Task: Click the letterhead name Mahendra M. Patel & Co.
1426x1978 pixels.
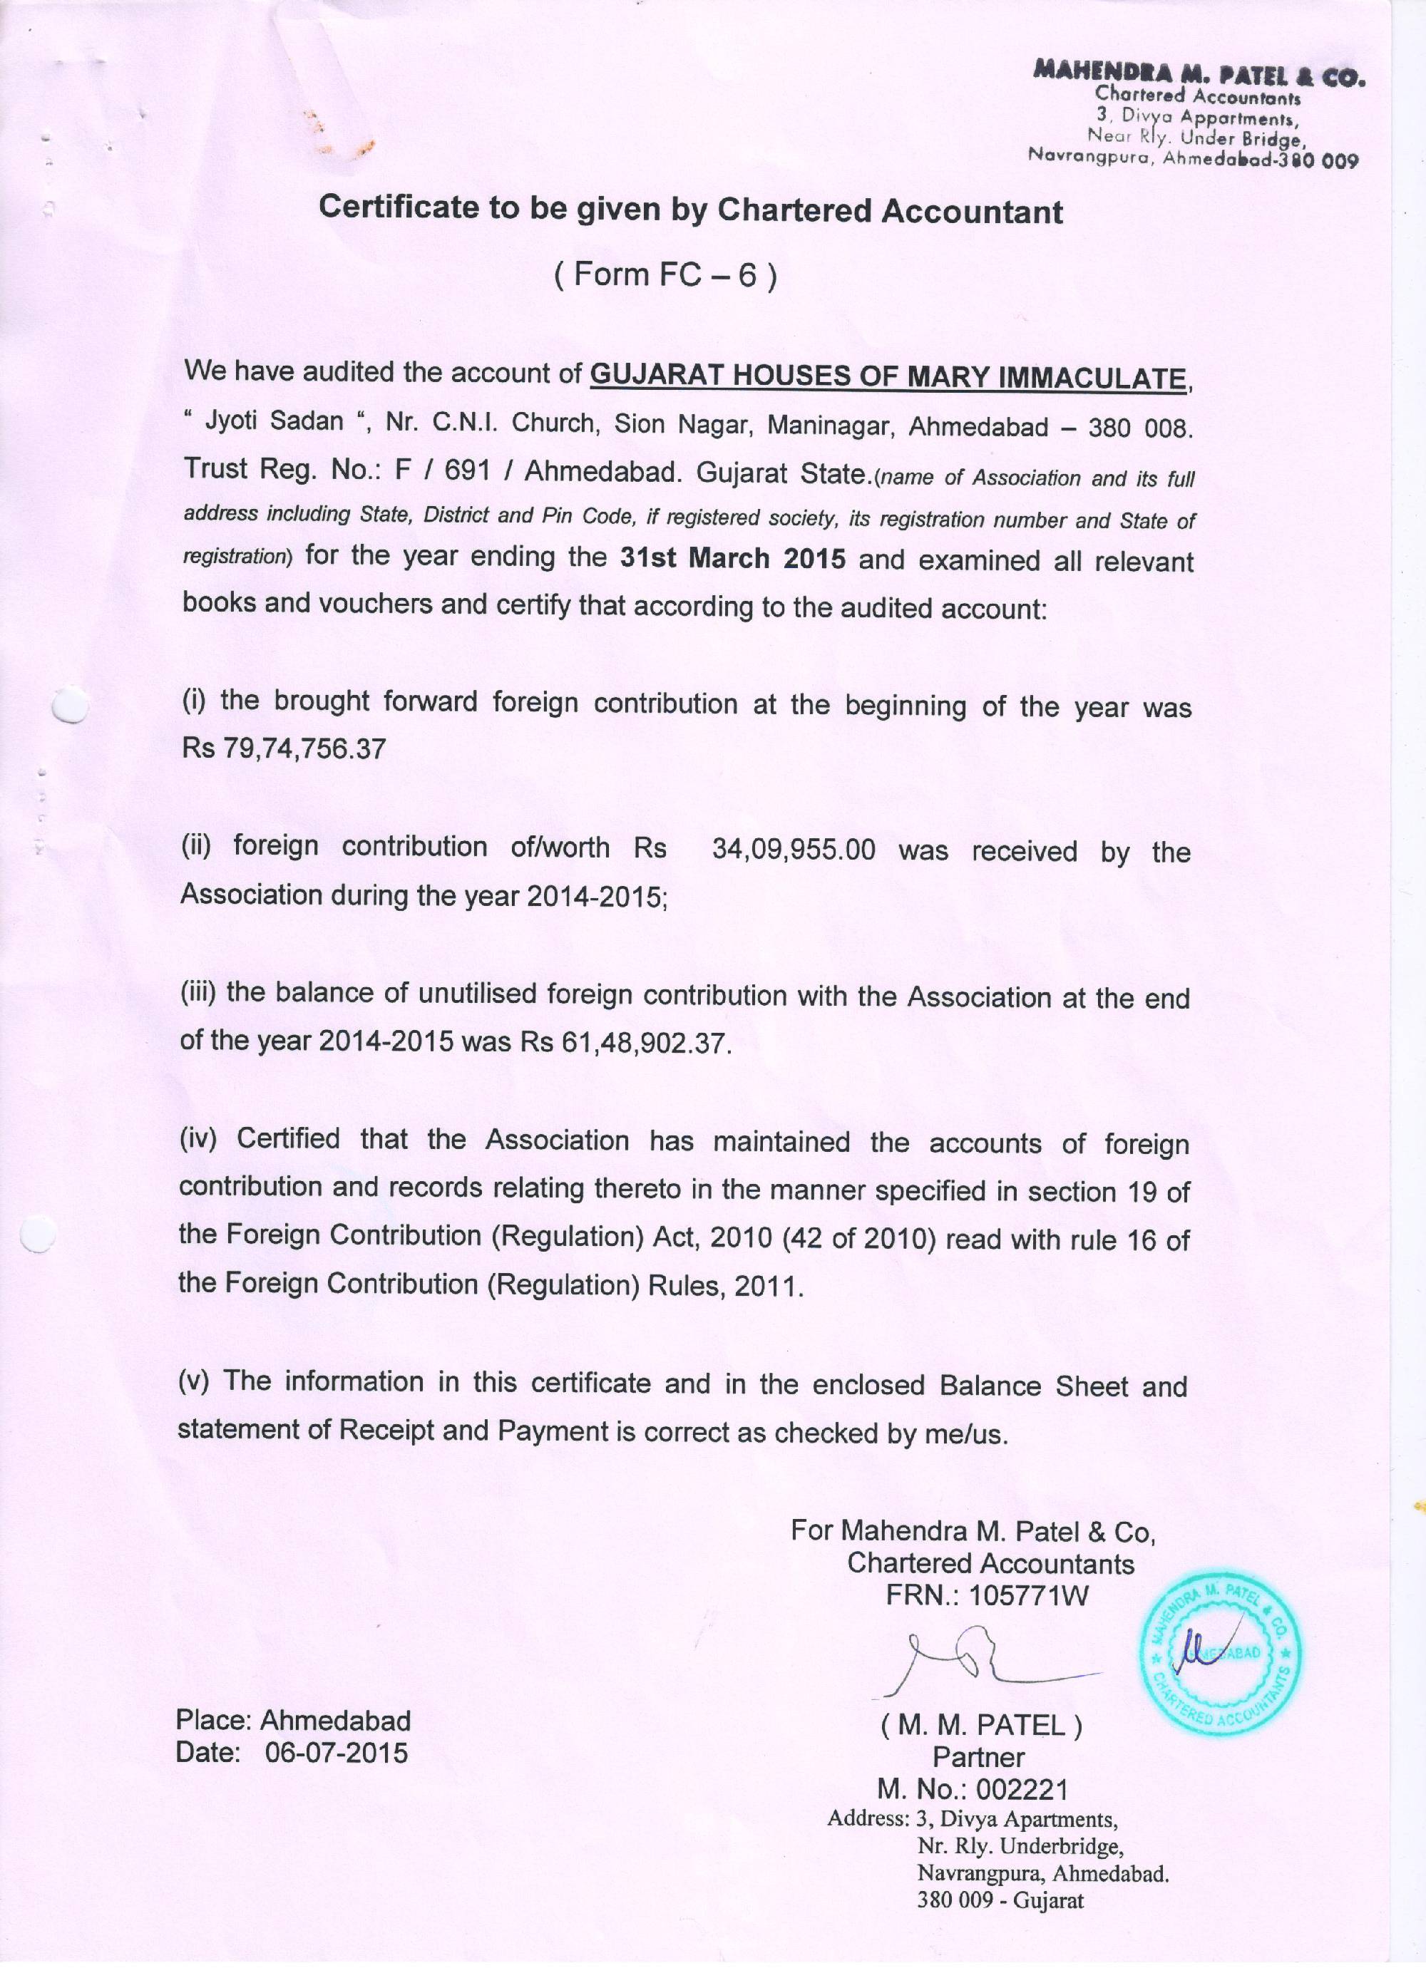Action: click(x=1198, y=74)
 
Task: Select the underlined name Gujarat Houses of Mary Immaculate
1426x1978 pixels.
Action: click(x=888, y=377)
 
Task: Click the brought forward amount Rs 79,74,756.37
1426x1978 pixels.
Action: click(x=284, y=748)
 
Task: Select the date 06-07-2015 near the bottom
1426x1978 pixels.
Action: click(x=336, y=1753)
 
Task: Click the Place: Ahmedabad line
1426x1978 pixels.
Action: click(x=293, y=1720)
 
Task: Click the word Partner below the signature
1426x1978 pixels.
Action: click(x=978, y=1756)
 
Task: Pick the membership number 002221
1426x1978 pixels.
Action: click(x=1021, y=1790)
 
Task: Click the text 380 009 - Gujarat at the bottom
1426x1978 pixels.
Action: click(x=1000, y=1901)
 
